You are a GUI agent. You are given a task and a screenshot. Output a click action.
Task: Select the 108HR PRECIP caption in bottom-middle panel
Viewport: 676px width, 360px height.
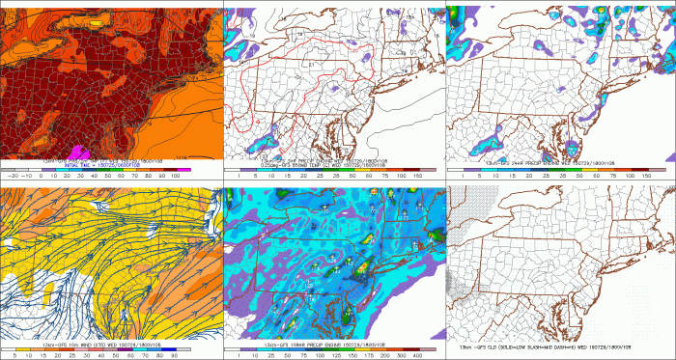[319, 342]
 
